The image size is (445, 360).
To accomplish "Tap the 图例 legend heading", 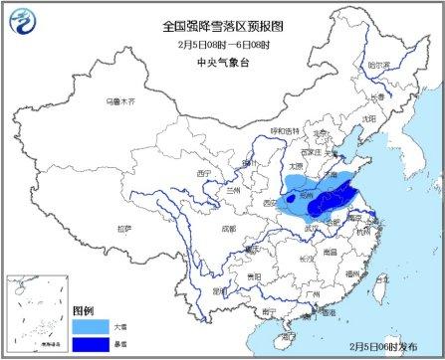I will coord(83,308).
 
